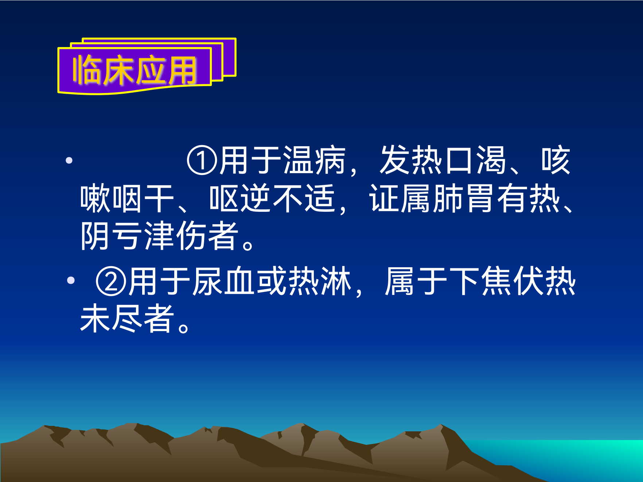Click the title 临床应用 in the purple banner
click(135, 70)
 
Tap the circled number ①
click(202, 160)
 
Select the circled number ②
click(111, 281)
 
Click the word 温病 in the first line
click(314, 160)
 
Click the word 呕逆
click(240, 199)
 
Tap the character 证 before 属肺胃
click(384, 199)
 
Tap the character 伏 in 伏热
click(529, 281)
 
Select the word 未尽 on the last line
click(111, 319)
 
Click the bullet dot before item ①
click(69, 160)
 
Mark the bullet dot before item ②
click(71, 280)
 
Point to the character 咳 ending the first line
click(556, 160)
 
